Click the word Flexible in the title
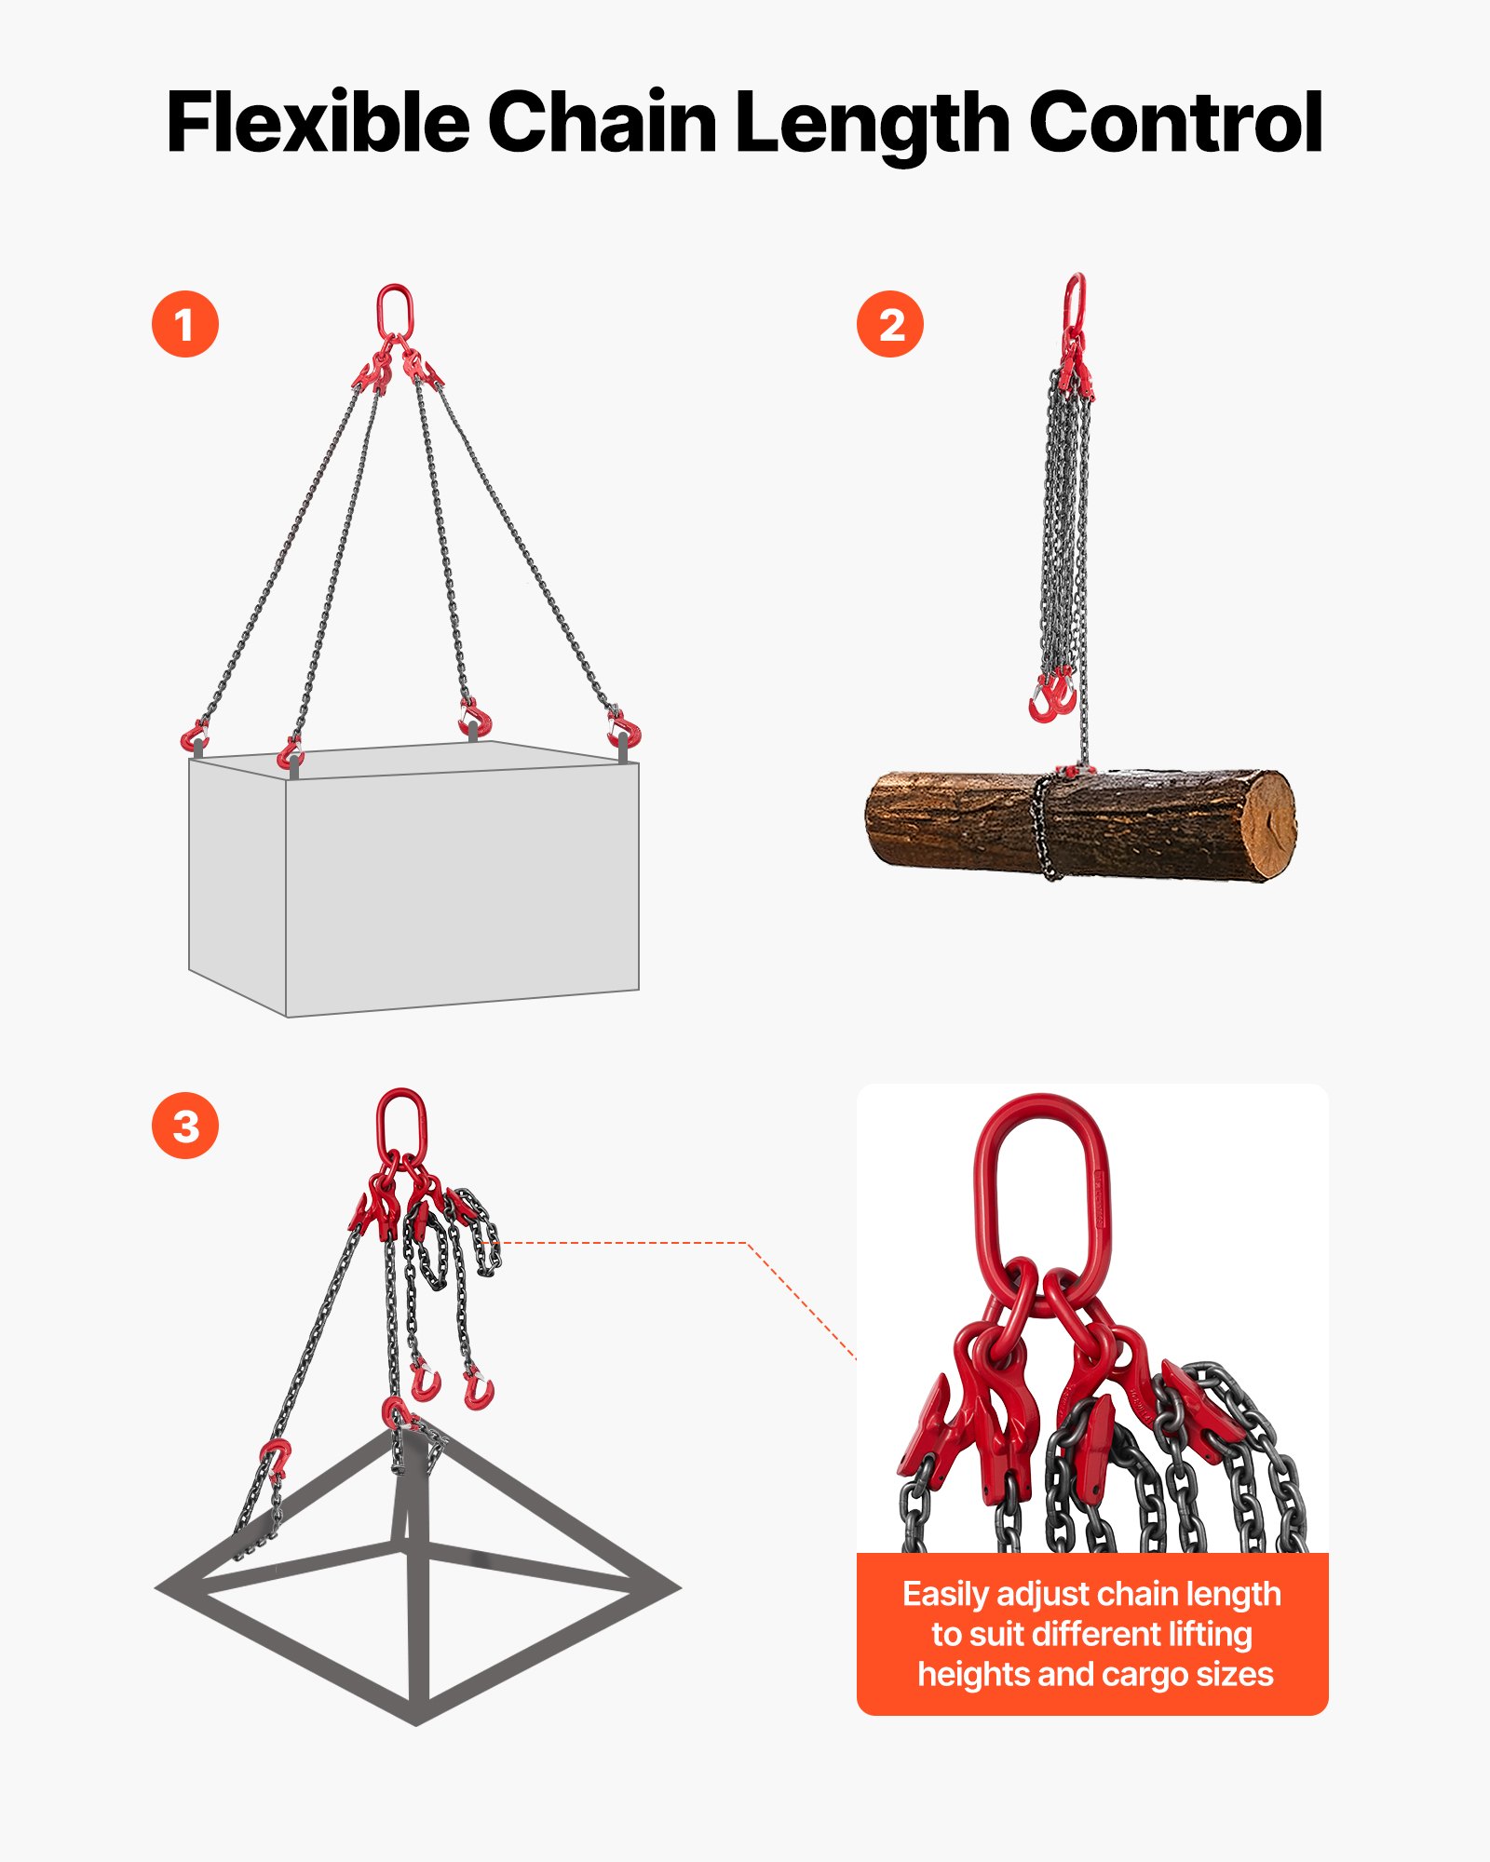point(317,123)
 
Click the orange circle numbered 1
point(185,324)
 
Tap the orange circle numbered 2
point(890,324)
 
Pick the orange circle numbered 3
point(185,1126)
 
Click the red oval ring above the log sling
point(1075,300)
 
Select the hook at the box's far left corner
point(195,736)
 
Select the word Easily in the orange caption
point(945,1595)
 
